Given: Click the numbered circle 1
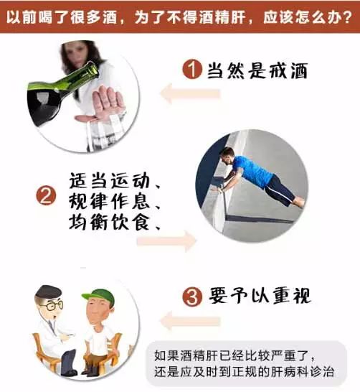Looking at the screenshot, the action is pyautogui.click(x=192, y=69).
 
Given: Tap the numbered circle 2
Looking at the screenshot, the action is pyautogui.click(x=46, y=195).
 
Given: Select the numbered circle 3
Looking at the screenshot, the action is pyautogui.click(x=192, y=297).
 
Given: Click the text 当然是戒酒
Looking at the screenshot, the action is pyautogui.click(x=257, y=70).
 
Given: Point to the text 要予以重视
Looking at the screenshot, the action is pyautogui.click(x=260, y=296).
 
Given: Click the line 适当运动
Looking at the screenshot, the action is pyautogui.click(x=109, y=181).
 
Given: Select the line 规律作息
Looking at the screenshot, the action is pyautogui.click(x=109, y=201).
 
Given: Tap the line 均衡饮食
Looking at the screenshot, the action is pyautogui.click(x=109, y=222).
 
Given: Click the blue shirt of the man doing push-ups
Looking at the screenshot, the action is pyautogui.click(x=252, y=170).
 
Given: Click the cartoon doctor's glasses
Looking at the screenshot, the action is pyautogui.click(x=52, y=306).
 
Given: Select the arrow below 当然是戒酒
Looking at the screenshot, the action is pyautogui.click(x=190, y=94).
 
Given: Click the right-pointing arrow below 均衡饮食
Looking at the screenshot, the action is pyautogui.click(x=167, y=241).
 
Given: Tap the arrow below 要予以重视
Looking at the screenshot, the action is pyautogui.click(x=190, y=321).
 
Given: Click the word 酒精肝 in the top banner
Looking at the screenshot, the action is pyautogui.click(x=219, y=18).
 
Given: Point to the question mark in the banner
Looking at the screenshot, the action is pyautogui.click(x=347, y=18).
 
